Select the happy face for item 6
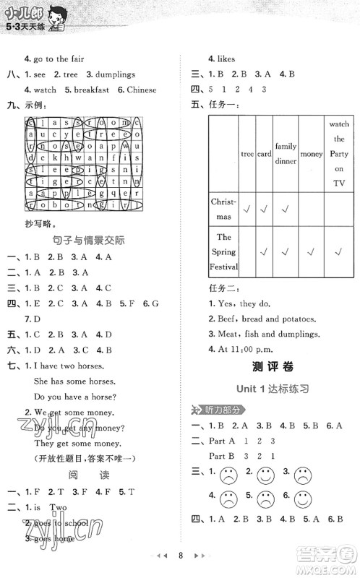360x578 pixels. tap(302, 499)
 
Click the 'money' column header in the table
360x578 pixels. tap(311, 154)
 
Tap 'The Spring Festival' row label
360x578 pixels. tap(224, 251)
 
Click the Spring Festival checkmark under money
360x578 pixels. tap(311, 251)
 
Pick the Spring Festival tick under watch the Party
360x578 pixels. tap(338, 251)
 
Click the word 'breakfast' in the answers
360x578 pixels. tap(90, 90)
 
